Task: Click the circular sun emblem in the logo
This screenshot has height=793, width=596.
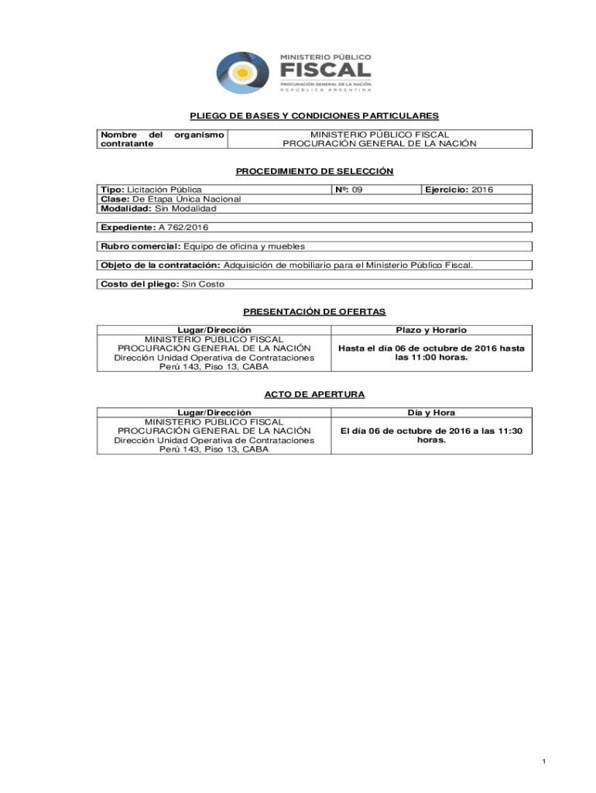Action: [x=243, y=74]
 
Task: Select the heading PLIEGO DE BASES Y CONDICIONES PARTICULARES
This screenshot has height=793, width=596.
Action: [x=314, y=116]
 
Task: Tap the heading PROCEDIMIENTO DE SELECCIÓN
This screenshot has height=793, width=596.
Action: [x=314, y=171]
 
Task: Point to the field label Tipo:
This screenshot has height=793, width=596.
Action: [x=113, y=190]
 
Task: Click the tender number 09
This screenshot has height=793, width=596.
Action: [x=357, y=190]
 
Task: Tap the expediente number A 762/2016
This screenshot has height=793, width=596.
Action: [x=183, y=227]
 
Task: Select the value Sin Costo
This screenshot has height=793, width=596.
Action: [x=202, y=284]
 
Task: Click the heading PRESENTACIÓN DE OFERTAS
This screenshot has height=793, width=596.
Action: [x=314, y=311]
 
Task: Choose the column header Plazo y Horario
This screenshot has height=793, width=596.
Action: [x=431, y=330]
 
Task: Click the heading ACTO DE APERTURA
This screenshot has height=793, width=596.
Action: [x=314, y=394]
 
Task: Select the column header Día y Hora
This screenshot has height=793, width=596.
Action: [x=431, y=413]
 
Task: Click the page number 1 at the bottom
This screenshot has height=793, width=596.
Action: [x=544, y=763]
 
